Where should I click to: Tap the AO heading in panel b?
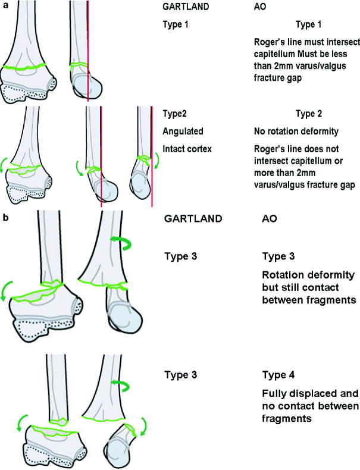(270, 218)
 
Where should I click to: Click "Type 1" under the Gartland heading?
(176, 26)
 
